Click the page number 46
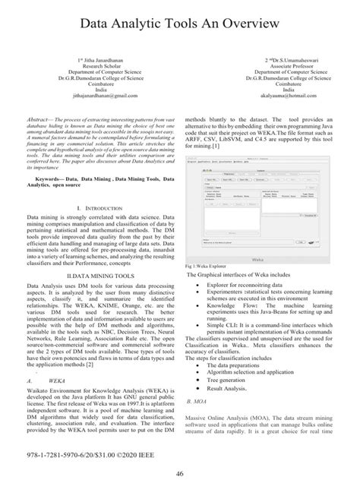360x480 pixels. click(180, 472)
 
